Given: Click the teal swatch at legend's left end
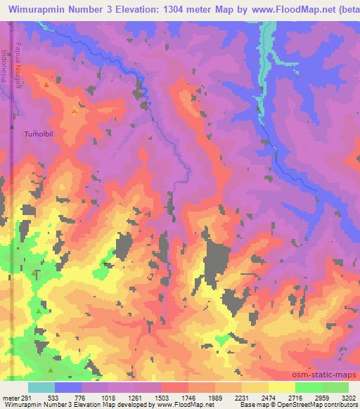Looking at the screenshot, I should click(x=41, y=387).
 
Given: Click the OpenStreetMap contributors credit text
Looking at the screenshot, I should click(x=325, y=404).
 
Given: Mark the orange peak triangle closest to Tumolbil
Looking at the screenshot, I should click(x=75, y=110).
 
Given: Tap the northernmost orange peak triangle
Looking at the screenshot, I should click(x=46, y=84).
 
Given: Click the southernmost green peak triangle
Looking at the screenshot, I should click(x=50, y=370).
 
